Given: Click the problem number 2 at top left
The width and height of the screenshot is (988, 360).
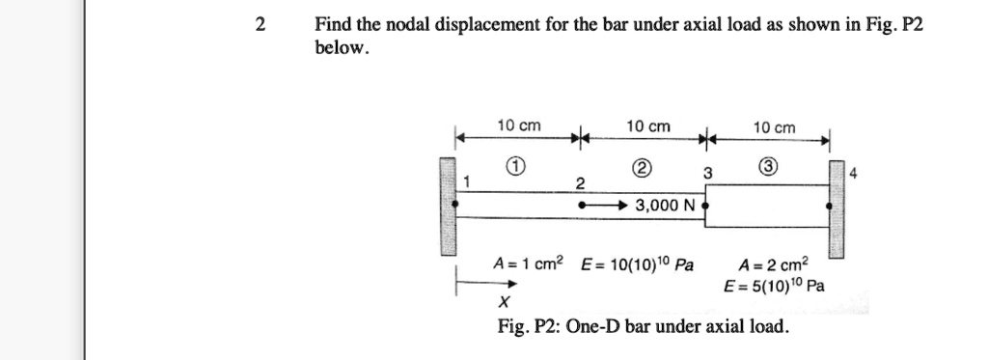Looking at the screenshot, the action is click(260, 26).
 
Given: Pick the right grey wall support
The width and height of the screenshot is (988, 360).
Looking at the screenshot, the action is click(837, 208).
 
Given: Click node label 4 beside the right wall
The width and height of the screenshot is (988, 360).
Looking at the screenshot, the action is click(853, 175).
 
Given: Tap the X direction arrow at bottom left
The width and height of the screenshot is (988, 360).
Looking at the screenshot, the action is click(488, 285).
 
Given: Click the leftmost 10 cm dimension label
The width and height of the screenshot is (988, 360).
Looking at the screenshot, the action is click(518, 126).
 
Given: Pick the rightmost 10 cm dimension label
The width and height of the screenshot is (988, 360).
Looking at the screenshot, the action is click(775, 127).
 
